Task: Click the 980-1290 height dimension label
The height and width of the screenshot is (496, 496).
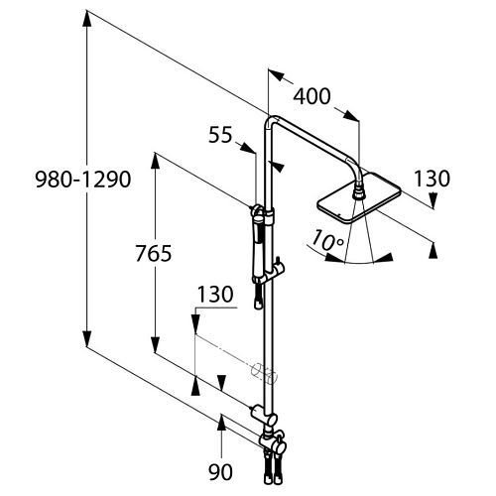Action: [x=83, y=180]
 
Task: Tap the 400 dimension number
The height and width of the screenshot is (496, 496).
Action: [x=311, y=96]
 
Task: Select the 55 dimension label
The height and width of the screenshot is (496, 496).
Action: [x=220, y=135]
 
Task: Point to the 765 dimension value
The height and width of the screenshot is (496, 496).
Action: [x=154, y=253]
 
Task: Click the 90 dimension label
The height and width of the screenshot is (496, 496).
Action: [x=220, y=471]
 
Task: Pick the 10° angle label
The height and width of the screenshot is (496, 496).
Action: [x=327, y=240]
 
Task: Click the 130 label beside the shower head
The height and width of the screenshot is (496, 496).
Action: [x=432, y=179]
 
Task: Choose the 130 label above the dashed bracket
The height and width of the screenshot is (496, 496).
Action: [x=215, y=294]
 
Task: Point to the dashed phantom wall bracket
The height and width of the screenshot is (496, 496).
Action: [x=265, y=373]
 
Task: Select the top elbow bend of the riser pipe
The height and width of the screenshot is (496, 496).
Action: [x=271, y=121]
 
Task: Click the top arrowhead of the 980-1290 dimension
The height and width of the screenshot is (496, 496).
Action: [x=86, y=19]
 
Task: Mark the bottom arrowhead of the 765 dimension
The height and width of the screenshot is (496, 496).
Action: [x=156, y=345]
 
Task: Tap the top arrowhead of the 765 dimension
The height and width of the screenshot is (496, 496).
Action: [x=156, y=161]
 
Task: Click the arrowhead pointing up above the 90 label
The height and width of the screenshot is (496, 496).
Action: [x=221, y=423]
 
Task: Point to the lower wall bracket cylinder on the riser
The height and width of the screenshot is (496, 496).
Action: [x=257, y=411]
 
